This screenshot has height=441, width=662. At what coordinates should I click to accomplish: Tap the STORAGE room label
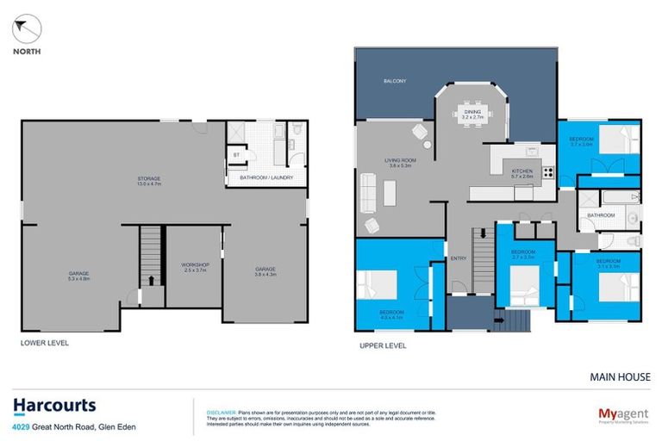pyautogui.click(x=149, y=181)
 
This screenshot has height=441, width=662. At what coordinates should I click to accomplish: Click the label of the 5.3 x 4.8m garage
pyautogui.click(x=78, y=276)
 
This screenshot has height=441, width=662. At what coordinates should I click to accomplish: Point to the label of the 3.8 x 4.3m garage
pyautogui.click(x=265, y=271)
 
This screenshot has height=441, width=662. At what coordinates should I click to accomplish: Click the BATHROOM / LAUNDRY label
pyautogui.click(x=266, y=178)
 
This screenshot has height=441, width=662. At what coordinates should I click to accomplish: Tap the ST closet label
pyautogui.click(x=236, y=155)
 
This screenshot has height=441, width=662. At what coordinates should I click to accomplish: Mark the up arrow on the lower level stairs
pyautogui.click(x=152, y=280)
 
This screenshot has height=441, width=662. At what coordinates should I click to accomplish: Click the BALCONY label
pyautogui.click(x=395, y=81)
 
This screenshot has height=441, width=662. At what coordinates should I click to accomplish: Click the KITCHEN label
pyautogui.click(x=523, y=173)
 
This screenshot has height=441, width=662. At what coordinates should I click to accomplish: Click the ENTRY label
pyautogui.click(x=459, y=258)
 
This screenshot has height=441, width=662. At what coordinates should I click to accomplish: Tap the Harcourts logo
pyautogui.click(x=54, y=406)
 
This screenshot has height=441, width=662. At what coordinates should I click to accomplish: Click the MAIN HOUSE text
pyautogui.click(x=620, y=376)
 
